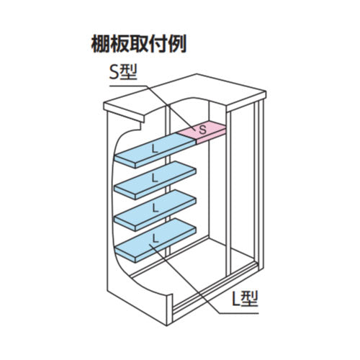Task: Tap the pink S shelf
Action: [x=201, y=131]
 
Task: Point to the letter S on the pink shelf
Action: [x=202, y=130]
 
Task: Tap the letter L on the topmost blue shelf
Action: [x=153, y=148]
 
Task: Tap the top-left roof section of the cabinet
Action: [x=130, y=108]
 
